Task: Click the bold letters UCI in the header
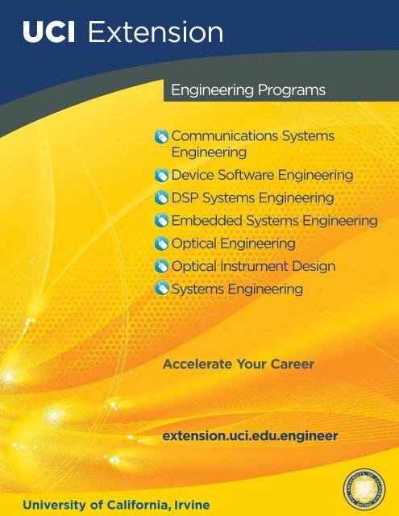point(48,31)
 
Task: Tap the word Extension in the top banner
point(156,31)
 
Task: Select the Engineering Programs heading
point(248,89)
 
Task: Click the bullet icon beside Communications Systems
point(161,136)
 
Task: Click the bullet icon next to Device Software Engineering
point(161,176)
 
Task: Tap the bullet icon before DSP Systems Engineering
point(161,198)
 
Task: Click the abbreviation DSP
point(185,198)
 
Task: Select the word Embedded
point(207,220)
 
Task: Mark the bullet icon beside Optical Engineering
point(161,243)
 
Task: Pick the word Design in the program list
point(314,266)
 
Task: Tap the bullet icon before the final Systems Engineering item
point(161,289)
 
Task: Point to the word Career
point(292,364)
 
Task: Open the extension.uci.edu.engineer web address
point(251,436)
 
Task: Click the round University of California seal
point(364,488)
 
